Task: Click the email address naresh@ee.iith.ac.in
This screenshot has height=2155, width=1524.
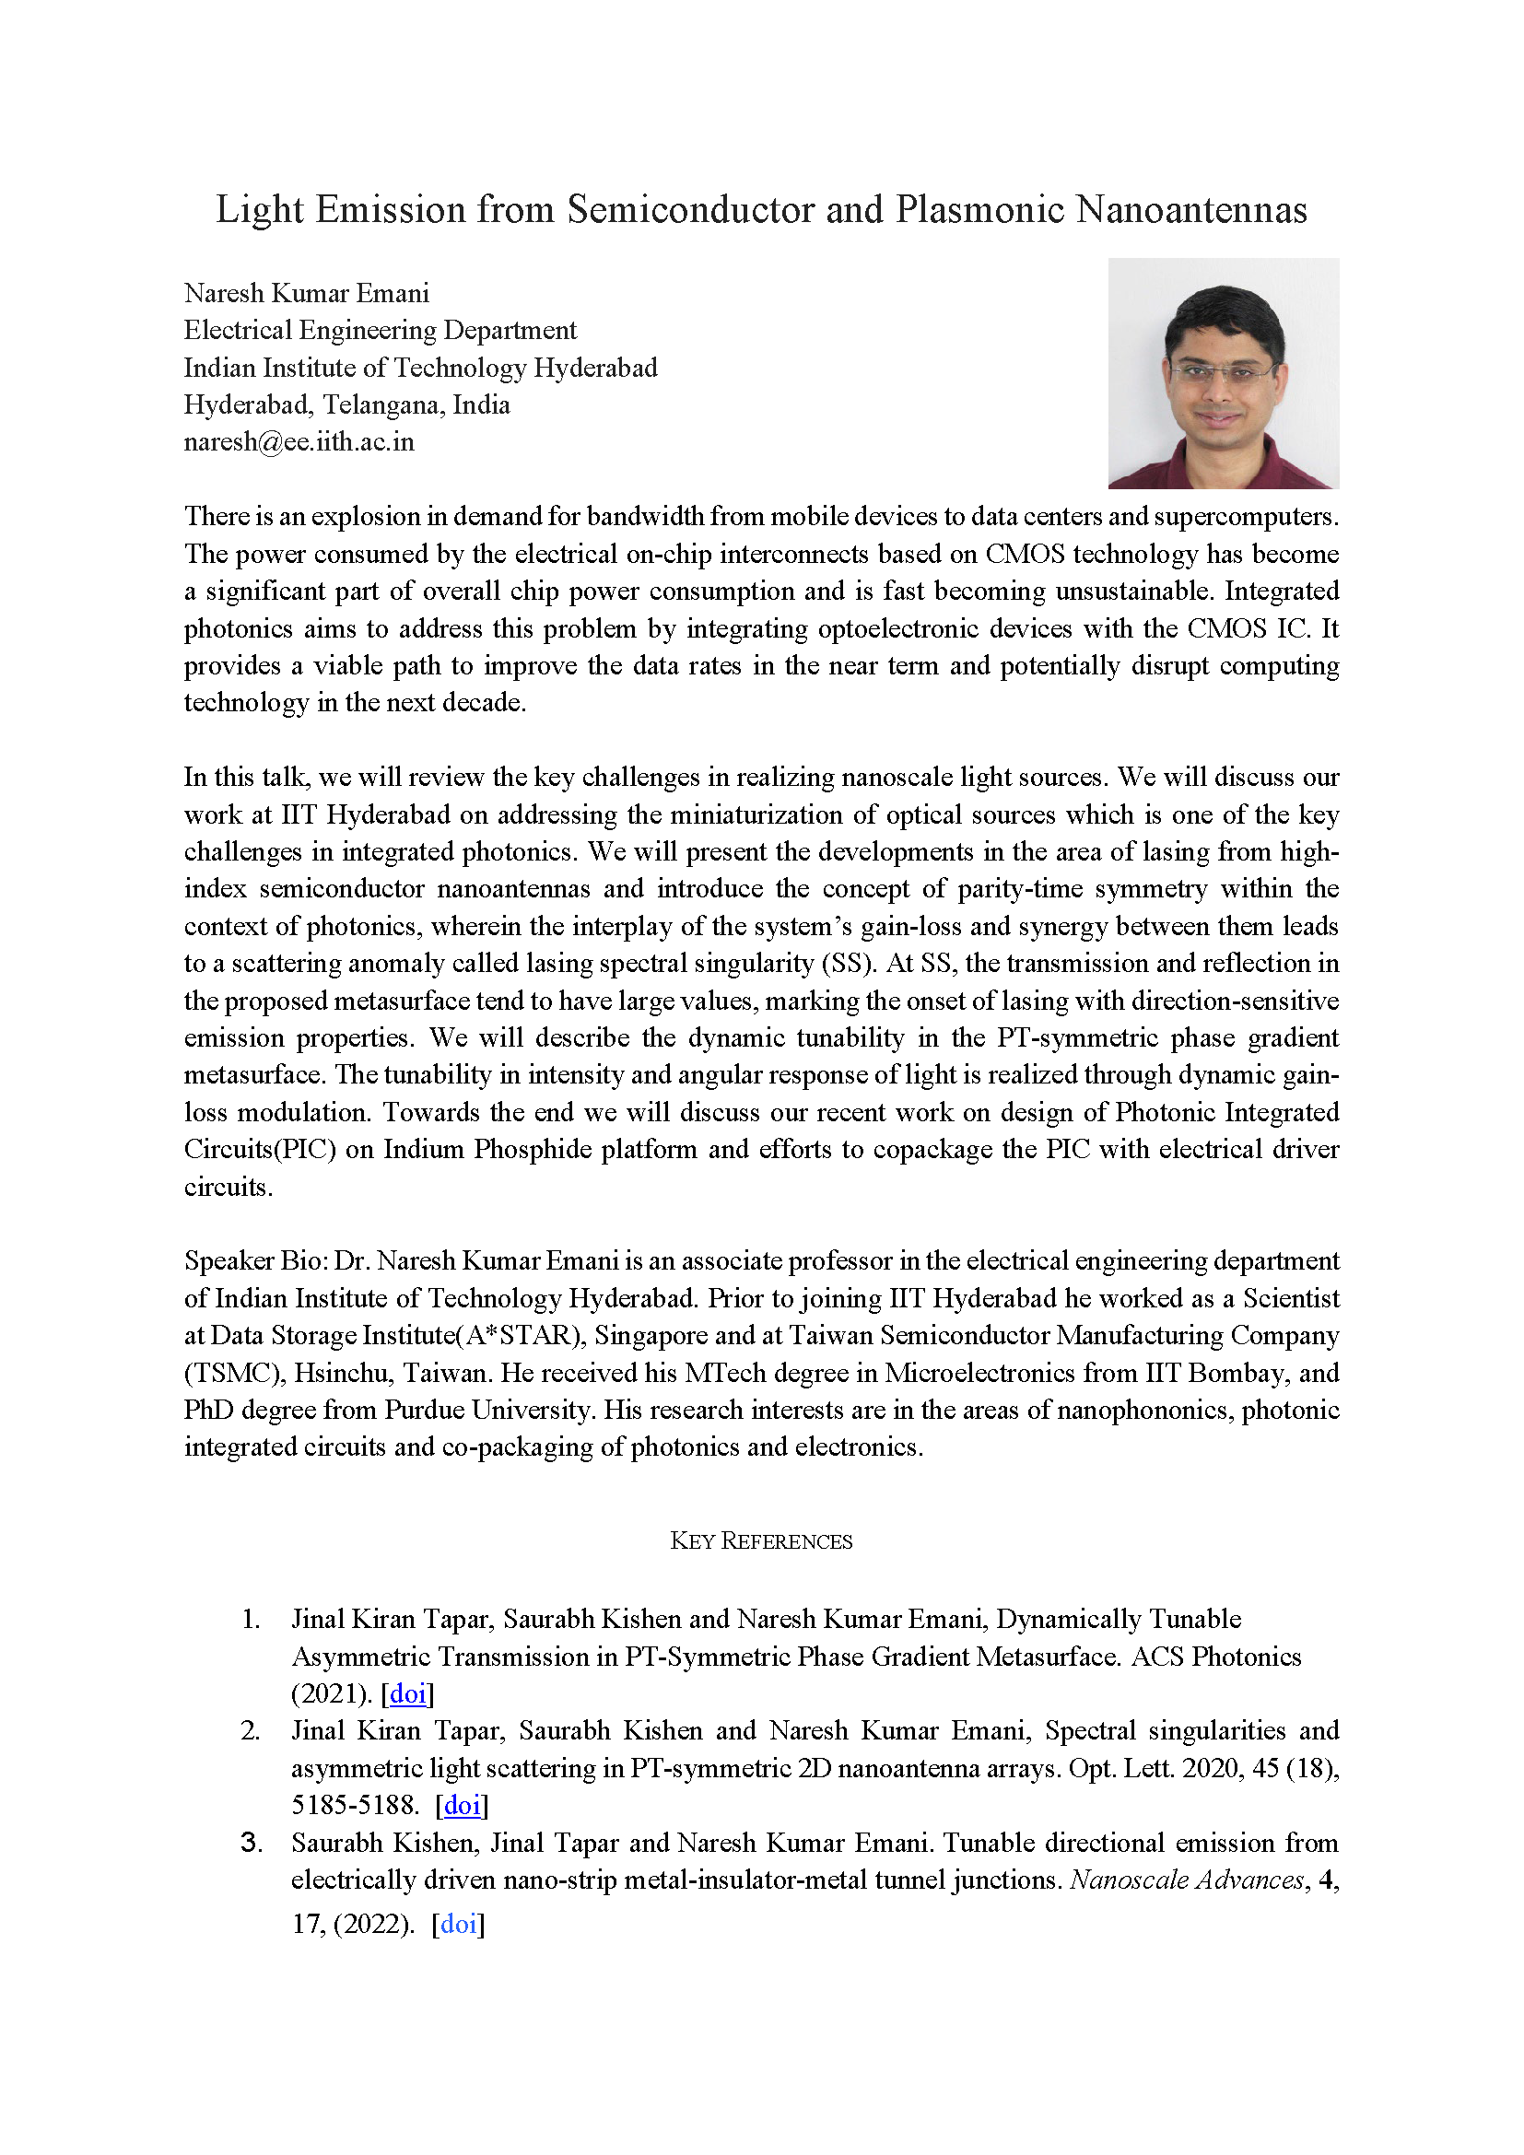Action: pos(299,442)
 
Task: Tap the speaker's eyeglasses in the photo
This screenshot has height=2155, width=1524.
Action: pos(1219,372)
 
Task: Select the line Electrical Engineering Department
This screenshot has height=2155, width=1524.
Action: pos(380,331)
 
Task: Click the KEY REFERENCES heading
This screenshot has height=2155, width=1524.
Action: pos(761,1541)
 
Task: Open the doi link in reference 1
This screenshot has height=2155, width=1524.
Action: pos(407,1693)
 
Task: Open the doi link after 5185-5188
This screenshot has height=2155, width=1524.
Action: pos(462,1805)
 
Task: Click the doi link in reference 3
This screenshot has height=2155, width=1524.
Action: pos(458,1924)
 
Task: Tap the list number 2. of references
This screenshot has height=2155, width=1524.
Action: pos(251,1731)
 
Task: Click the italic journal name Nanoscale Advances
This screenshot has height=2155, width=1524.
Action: pos(1187,1880)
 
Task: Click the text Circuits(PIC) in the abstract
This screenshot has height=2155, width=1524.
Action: pos(260,1150)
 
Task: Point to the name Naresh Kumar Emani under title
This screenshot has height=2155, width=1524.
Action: pos(306,294)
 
